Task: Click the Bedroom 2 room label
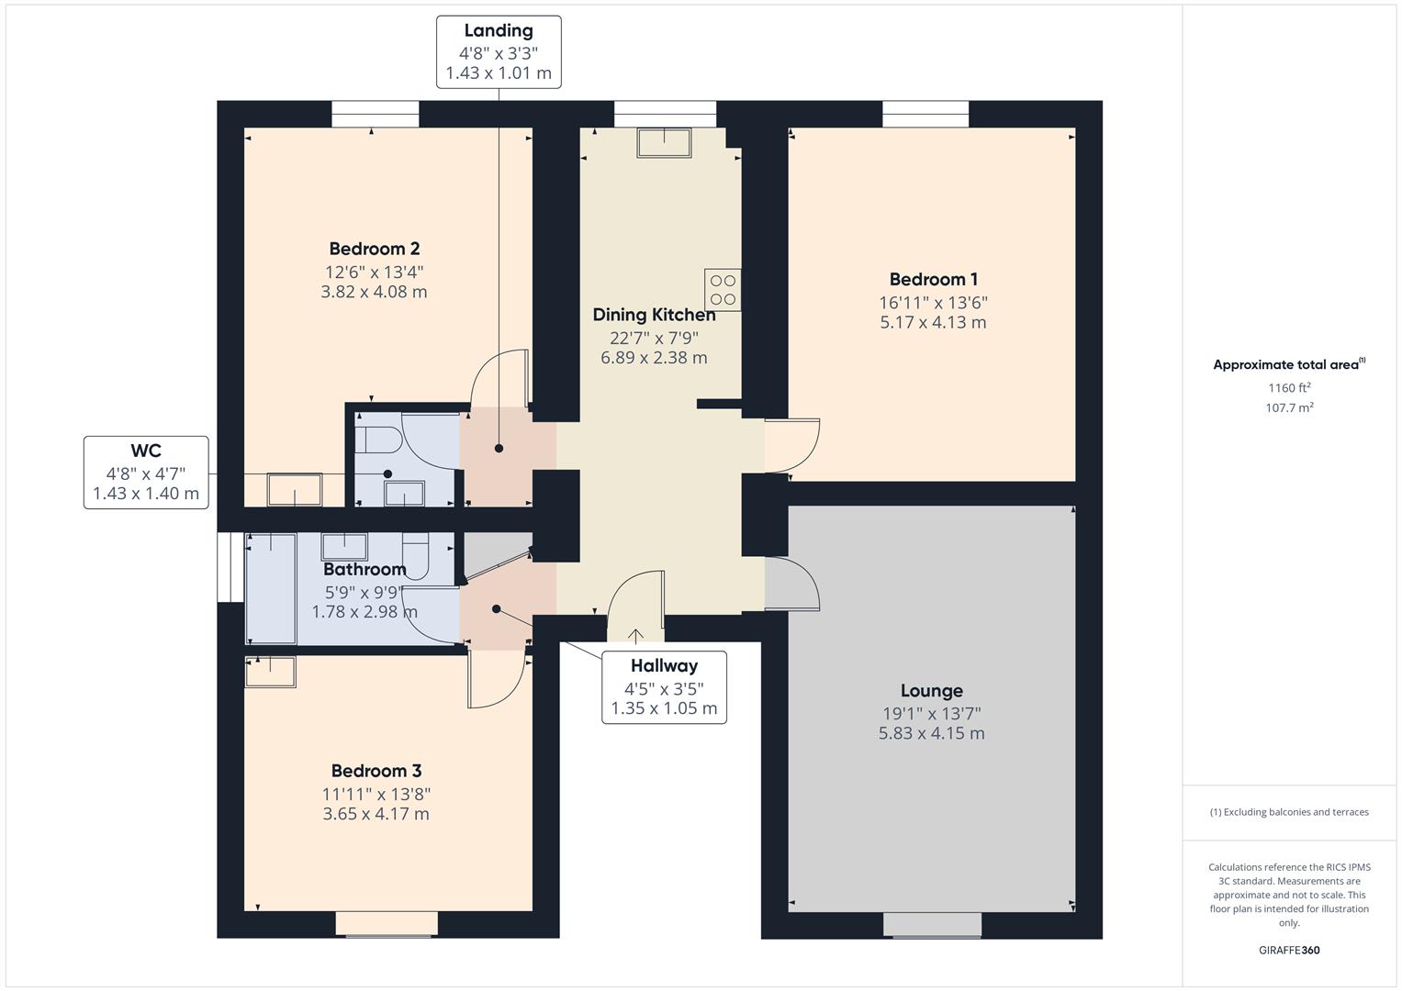[x=375, y=249]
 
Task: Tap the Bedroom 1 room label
[x=933, y=279]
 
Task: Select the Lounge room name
[x=931, y=691]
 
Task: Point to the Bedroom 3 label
[x=376, y=771]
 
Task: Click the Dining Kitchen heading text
[x=654, y=315]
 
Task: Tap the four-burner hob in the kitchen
[x=723, y=290]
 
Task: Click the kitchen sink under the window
[x=665, y=143]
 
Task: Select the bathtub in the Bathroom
[x=270, y=588]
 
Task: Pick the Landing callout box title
[x=498, y=31]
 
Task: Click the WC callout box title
[x=146, y=451]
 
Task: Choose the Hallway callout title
[x=664, y=666]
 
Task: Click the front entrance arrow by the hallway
[x=635, y=636]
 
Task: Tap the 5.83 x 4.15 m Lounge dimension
[x=931, y=733]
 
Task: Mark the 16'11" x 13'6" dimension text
[x=933, y=302]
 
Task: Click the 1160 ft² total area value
[x=1289, y=388]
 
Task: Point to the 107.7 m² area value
[x=1289, y=408]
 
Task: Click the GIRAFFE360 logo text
[x=1289, y=951]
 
